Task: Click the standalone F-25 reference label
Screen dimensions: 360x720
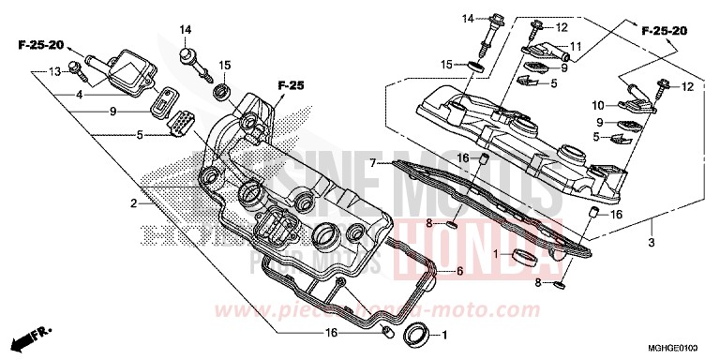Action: click(x=291, y=86)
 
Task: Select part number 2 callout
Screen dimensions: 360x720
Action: click(x=135, y=203)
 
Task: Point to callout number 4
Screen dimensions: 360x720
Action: click(x=80, y=95)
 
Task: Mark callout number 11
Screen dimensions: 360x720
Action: click(x=575, y=46)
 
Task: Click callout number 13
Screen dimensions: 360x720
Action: click(x=54, y=71)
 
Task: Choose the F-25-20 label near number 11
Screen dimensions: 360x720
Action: click(x=664, y=31)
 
